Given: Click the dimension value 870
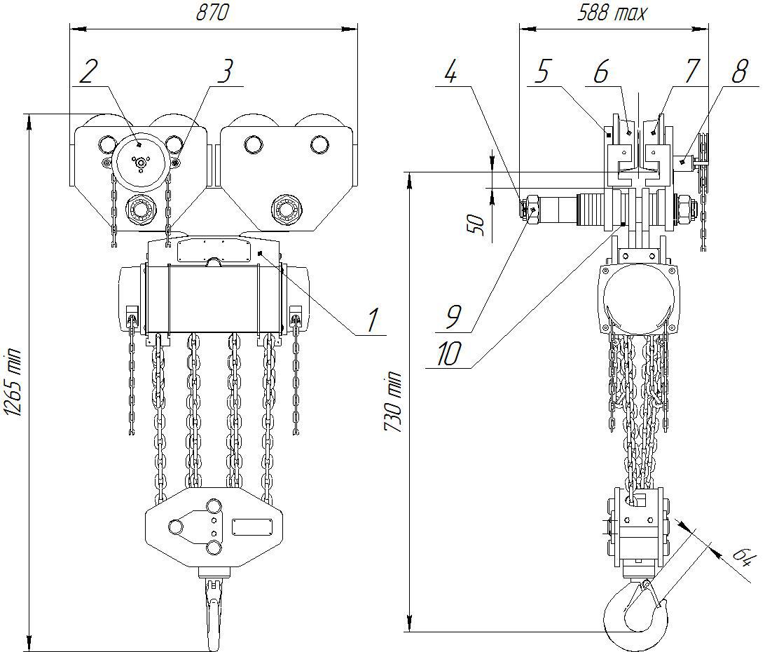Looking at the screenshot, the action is click(212, 12).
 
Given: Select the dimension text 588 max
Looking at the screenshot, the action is click(612, 12).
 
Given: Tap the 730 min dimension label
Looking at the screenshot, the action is click(392, 402).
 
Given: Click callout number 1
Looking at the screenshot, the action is click(373, 321).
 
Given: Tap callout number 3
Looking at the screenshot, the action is click(226, 72).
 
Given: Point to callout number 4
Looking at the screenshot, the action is click(451, 72).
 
